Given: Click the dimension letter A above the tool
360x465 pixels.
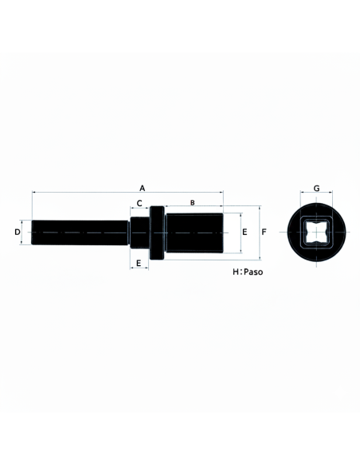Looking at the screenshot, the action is (143, 188).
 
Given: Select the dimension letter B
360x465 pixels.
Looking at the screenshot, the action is (193, 202).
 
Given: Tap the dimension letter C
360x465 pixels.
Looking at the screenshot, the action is (139, 203).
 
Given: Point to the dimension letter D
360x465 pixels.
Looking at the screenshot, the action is (18, 232).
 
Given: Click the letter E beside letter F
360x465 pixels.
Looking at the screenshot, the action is (245, 232).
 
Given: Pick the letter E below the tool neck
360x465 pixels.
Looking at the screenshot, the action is (139, 263).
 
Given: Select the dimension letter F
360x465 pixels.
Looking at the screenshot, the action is (264, 232).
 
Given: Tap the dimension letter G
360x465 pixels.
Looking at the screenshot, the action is (317, 189).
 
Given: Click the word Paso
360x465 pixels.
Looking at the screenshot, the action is (253, 272).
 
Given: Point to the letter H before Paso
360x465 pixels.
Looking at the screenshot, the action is (236, 272).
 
